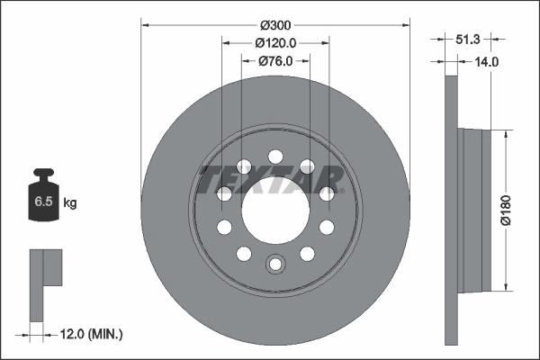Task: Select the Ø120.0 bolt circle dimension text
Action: point(275,42)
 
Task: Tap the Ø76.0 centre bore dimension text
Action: point(275,60)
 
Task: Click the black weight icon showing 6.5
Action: point(42,199)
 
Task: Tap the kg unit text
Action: point(69,203)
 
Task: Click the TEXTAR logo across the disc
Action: point(271,178)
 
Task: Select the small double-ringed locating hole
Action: point(275,264)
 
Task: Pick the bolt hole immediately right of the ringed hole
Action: point(306,253)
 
